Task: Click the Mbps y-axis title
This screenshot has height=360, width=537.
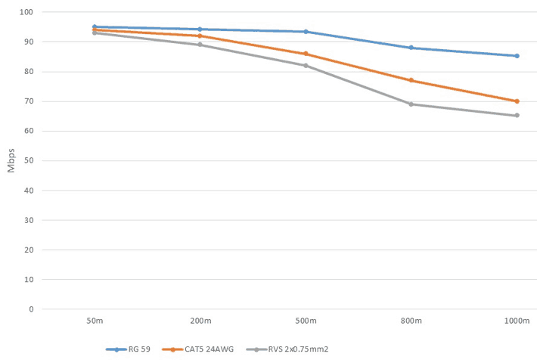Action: tap(11, 161)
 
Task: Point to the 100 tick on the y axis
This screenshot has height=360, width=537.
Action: tap(27, 13)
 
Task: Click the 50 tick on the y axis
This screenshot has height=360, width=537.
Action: tap(29, 161)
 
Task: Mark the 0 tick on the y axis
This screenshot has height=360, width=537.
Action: tap(32, 309)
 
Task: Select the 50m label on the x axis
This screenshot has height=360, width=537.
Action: tap(95, 321)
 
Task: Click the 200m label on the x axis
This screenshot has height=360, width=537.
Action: tap(200, 321)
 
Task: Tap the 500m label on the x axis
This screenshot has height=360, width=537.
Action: tap(306, 321)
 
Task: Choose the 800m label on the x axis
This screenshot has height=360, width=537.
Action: tap(411, 321)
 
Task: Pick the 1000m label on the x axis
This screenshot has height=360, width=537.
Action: tap(517, 321)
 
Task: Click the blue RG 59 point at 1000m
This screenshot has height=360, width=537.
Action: tap(517, 56)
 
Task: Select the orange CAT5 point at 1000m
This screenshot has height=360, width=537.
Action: tap(517, 101)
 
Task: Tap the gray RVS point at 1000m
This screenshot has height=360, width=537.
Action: tap(517, 116)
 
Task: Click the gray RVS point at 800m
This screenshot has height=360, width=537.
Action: tap(411, 104)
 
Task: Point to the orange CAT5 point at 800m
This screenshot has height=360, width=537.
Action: tap(411, 80)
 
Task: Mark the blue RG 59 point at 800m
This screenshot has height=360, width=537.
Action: tap(411, 48)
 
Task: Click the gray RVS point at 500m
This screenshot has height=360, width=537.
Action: tap(306, 66)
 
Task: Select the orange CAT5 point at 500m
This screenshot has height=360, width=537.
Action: tap(306, 54)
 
